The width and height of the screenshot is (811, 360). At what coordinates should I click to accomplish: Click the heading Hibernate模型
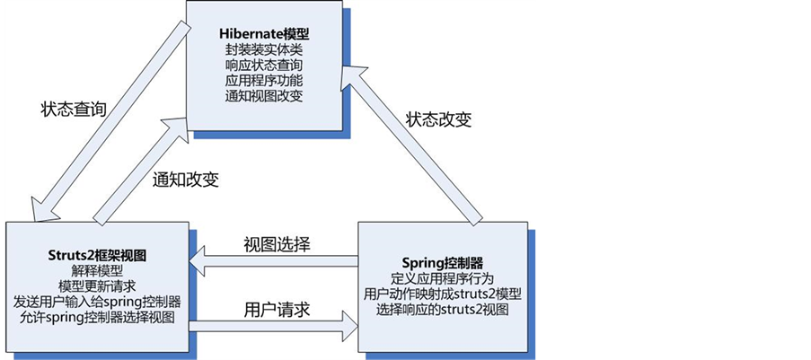pyautogui.click(x=266, y=34)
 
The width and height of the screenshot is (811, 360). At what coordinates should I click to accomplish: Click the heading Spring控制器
pyautogui.click(x=443, y=263)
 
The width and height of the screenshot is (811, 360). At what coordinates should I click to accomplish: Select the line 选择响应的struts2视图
pyautogui.click(x=443, y=310)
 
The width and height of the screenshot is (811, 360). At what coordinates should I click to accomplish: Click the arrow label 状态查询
pyautogui.click(x=75, y=110)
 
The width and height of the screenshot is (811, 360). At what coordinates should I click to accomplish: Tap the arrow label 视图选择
pyautogui.click(x=278, y=244)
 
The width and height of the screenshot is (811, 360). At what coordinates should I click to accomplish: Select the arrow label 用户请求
pyautogui.click(x=278, y=310)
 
